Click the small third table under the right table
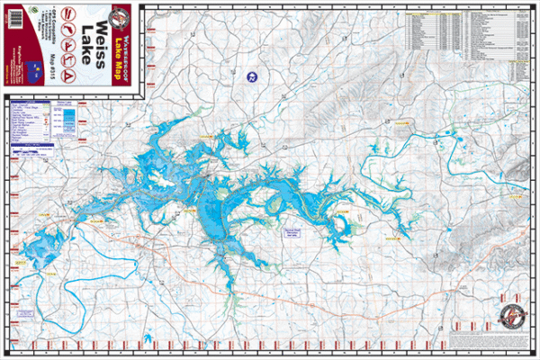point(520,71)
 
